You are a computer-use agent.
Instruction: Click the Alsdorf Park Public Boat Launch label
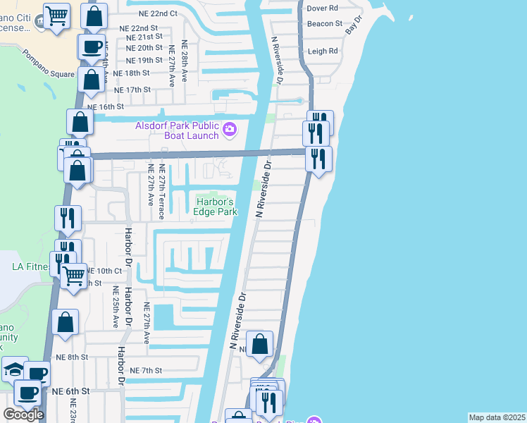(x=177, y=130)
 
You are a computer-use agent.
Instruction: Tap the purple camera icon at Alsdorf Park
(x=229, y=130)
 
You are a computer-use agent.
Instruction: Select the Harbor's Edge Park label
(x=214, y=206)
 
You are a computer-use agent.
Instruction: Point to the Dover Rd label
(x=323, y=8)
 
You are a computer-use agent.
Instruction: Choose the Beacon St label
(x=324, y=23)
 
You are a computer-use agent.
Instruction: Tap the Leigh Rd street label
(x=323, y=51)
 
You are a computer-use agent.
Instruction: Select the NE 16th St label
(x=106, y=106)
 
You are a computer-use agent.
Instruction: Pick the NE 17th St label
(x=132, y=90)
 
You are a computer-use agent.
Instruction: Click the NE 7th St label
(x=147, y=370)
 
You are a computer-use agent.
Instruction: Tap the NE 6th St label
(x=71, y=391)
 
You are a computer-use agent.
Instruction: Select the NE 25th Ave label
(x=116, y=307)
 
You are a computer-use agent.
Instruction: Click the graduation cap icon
(x=15, y=369)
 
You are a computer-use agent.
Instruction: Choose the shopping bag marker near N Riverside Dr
(x=260, y=345)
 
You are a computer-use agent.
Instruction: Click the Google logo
(x=23, y=415)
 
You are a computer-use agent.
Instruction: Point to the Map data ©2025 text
(x=497, y=417)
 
